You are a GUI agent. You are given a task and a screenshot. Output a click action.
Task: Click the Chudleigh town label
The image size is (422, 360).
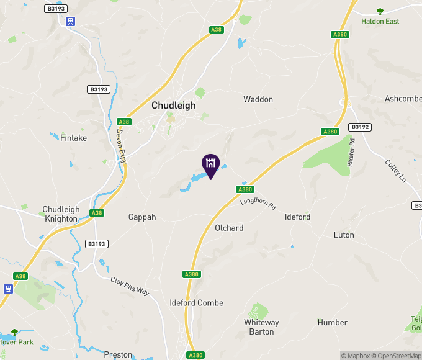click(x=174, y=106)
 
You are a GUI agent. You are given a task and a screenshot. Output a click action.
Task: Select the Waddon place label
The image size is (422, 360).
click(x=258, y=99)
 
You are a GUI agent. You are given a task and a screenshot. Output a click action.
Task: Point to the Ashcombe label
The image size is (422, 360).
click(x=403, y=99)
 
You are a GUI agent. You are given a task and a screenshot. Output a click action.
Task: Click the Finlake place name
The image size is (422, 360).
click(x=74, y=138)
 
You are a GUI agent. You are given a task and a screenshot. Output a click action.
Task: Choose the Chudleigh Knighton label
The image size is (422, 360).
click(x=61, y=214)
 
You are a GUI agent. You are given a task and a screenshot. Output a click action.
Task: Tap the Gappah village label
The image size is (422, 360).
click(x=142, y=217)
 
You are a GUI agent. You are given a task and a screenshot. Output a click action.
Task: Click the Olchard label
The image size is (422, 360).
click(x=229, y=228)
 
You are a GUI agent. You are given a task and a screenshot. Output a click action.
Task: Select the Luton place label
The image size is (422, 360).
click(x=344, y=235)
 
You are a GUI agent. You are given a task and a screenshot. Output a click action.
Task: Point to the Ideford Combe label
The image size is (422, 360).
click(x=197, y=303)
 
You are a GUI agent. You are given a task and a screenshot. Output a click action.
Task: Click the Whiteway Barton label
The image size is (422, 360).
click(x=262, y=327)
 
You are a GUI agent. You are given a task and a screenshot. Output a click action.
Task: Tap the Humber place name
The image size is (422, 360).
click(x=333, y=323)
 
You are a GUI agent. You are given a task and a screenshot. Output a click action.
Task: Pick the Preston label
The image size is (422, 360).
click(x=118, y=355)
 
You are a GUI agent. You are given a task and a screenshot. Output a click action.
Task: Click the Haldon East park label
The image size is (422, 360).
click(x=380, y=21)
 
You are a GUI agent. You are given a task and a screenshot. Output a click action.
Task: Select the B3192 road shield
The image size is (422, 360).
click(x=360, y=127)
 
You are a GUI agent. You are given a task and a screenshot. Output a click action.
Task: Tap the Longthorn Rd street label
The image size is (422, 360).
click(x=258, y=202)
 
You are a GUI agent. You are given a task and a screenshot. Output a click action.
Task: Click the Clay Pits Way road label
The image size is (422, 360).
click(x=130, y=286)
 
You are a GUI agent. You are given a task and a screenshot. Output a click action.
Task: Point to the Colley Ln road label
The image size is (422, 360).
click(x=395, y=171)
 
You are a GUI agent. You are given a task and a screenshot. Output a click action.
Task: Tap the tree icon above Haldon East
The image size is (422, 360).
click(x=380, y=11)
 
